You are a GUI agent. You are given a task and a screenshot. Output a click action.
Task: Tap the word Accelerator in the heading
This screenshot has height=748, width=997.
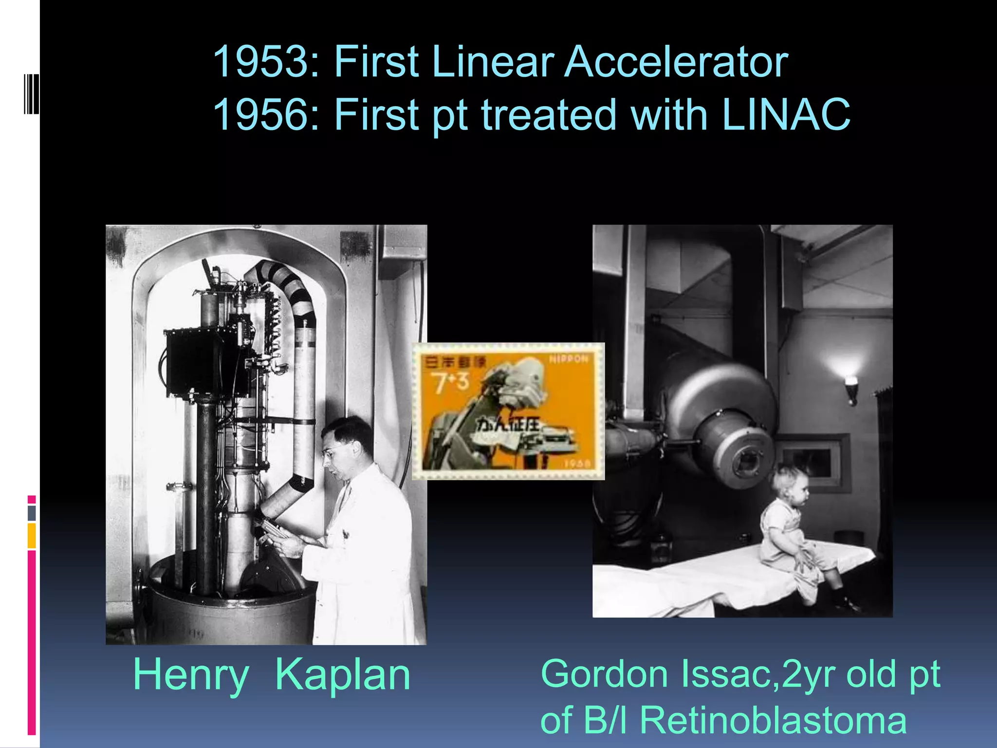(676, 62)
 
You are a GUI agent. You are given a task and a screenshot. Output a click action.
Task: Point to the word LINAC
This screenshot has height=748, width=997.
(786, 115)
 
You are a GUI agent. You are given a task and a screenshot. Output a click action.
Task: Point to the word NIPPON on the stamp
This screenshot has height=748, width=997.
(569, 359)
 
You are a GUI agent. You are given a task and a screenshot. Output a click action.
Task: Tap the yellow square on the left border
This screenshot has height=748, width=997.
(32, 535)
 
